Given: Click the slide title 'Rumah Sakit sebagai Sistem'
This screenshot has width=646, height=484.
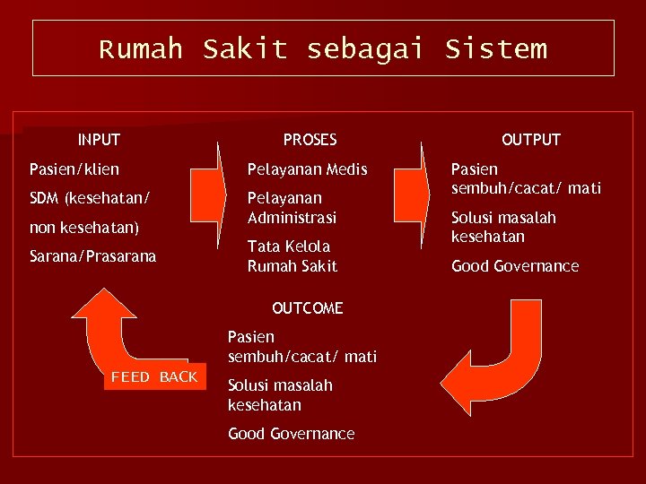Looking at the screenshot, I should click(323, 48).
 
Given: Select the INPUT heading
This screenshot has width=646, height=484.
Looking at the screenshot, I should click(99, 140).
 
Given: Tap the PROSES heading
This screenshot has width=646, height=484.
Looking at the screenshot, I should click(310, 140).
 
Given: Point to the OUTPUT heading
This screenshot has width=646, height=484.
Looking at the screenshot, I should click(531, 140).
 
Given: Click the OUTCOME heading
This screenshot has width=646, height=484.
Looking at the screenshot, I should click(307, 308).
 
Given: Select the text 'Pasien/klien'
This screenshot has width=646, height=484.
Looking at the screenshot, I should click(74, 169).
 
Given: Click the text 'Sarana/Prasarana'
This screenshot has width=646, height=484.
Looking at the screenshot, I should click(92, 256).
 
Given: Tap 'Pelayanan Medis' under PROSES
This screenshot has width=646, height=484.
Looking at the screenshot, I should click(308, 169).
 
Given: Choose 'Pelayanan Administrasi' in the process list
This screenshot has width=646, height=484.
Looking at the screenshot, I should click(292, 207).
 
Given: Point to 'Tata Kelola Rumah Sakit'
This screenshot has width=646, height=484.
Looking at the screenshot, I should click(292, 255).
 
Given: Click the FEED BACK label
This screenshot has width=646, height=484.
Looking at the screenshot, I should click(154, 377).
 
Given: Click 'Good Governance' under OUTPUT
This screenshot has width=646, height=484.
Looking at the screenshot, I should click(515, 266).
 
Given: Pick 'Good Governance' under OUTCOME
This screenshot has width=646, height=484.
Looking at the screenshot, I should click(291, 434).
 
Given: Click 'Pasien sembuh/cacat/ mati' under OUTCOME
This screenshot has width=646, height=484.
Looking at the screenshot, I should click(301, 347).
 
